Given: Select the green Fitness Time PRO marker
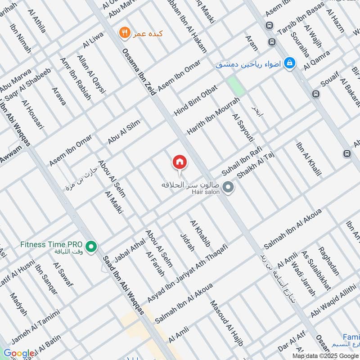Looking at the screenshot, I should tap(92, 247).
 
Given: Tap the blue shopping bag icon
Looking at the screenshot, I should tap(290, 63).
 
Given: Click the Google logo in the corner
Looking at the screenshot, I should tap(18, 354).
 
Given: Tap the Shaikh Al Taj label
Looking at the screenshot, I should tap(256, 166).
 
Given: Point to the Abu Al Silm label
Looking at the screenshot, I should tap(124, 132).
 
